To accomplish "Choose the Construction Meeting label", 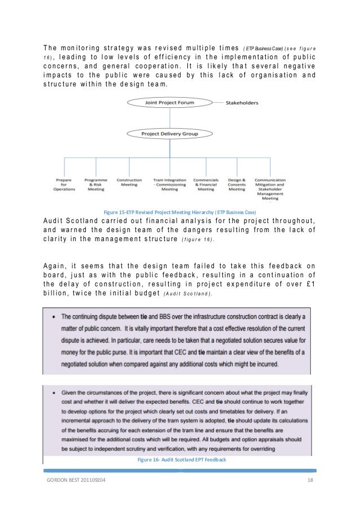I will (x=129, y=182).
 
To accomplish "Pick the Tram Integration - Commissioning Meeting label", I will (x=166, y=184).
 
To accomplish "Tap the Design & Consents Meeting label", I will (x=237, y=184).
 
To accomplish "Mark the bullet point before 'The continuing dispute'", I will (x=51, y=317).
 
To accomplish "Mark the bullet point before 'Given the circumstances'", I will (x=51, y=389).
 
